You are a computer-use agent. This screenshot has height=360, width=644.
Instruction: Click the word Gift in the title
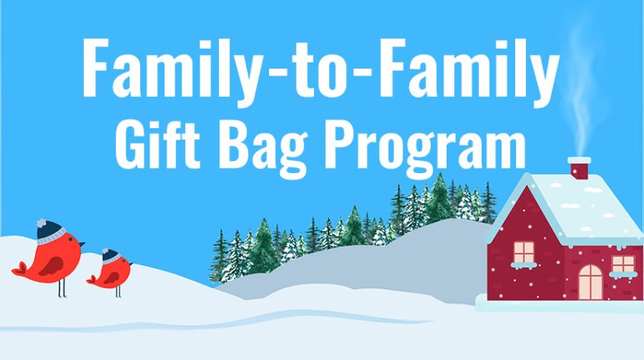(x=157, y=144)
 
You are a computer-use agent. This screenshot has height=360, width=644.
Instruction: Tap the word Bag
(x=264, y=148)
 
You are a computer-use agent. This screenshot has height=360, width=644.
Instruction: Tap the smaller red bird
(x=110, y=272)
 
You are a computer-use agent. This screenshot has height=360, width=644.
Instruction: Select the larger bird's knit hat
(x=50, y=231)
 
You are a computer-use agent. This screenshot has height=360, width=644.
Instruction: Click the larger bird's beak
(x=82, y=244)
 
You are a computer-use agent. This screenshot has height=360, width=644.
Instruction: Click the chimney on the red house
(x=579, y=168)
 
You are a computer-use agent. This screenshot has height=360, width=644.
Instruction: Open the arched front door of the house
(x=590, y=282)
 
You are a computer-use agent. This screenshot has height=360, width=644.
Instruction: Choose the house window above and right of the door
(x=623, y=264)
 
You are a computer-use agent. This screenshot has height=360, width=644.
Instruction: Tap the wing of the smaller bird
(x=111, y=278)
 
